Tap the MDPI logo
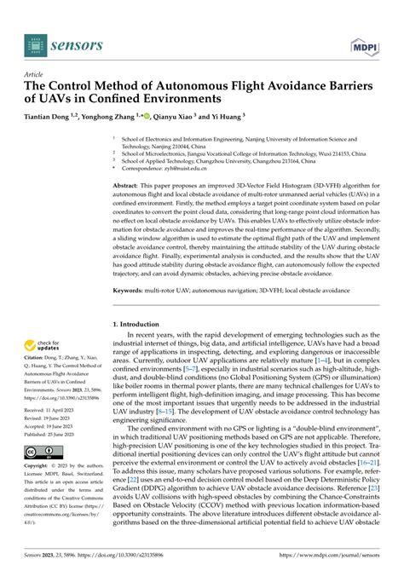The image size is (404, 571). point(367,38)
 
